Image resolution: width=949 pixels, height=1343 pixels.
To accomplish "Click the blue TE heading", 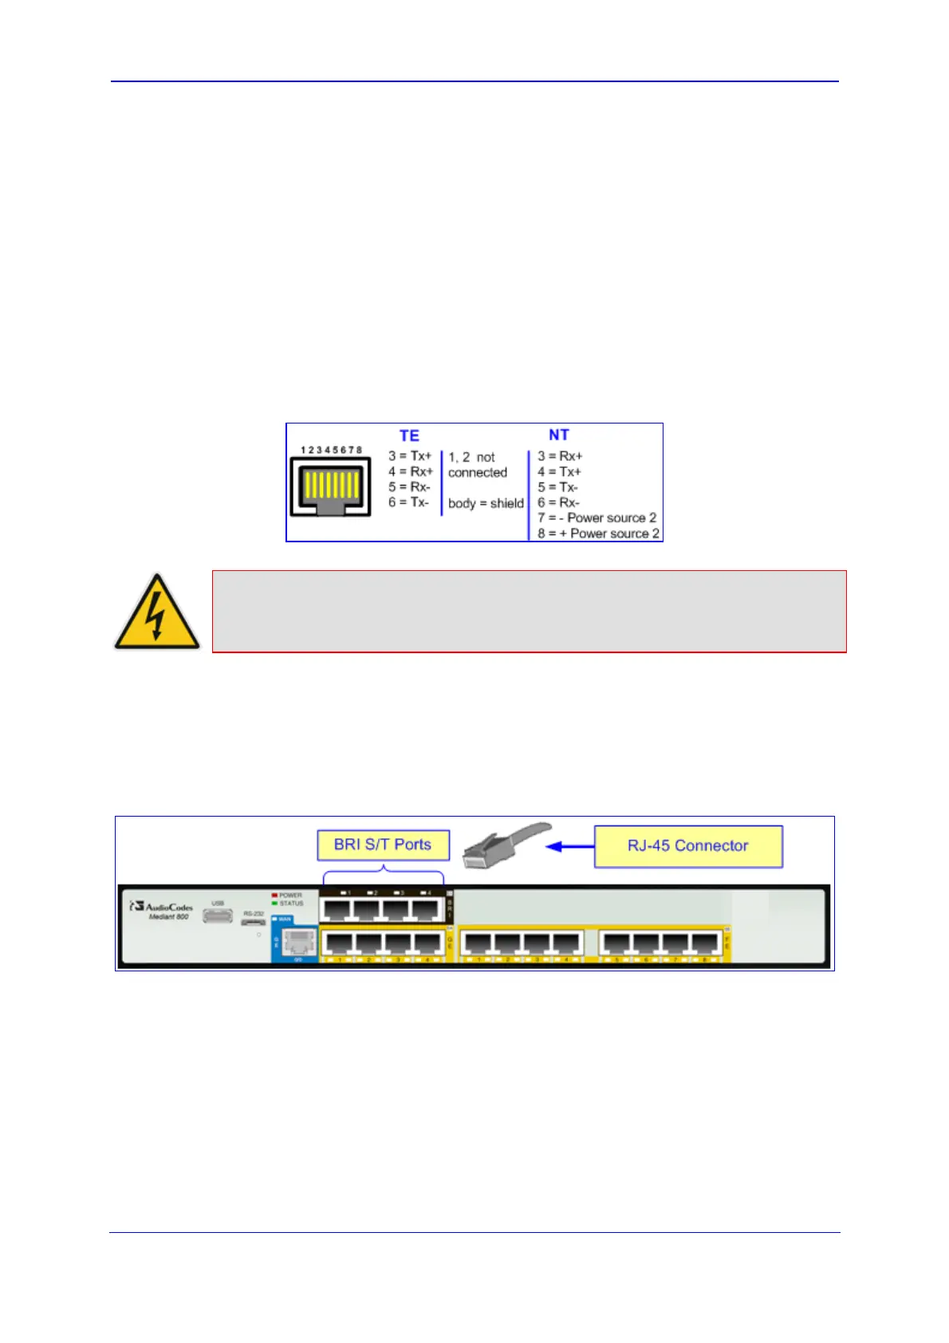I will coord(409,435).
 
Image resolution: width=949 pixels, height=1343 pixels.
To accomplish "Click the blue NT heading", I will coord(558,435).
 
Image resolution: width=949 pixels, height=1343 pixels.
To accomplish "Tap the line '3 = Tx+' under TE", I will coord(410,456).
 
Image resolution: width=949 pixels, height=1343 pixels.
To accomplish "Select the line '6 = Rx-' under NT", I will coord(558,502).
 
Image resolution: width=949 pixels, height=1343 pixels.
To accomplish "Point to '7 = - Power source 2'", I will coord(597,518).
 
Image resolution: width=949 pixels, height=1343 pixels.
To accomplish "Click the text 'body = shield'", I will coord(486,503).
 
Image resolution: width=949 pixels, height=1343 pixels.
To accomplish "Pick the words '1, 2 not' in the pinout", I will coord(471,457).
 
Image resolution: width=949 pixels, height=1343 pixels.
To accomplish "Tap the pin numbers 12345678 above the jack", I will coord(331,450).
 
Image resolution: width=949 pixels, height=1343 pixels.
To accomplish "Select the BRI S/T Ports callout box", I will coord(383,845).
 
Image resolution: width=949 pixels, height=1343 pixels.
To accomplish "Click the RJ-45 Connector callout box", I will coord(687,846).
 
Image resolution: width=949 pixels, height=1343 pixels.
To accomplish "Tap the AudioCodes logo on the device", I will coord(163,908).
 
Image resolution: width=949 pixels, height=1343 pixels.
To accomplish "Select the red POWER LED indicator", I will coord(275,896).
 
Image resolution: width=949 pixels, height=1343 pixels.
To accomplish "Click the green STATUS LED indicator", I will coord(275,904).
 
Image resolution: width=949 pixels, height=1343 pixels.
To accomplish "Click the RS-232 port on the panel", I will coord(254,922).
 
